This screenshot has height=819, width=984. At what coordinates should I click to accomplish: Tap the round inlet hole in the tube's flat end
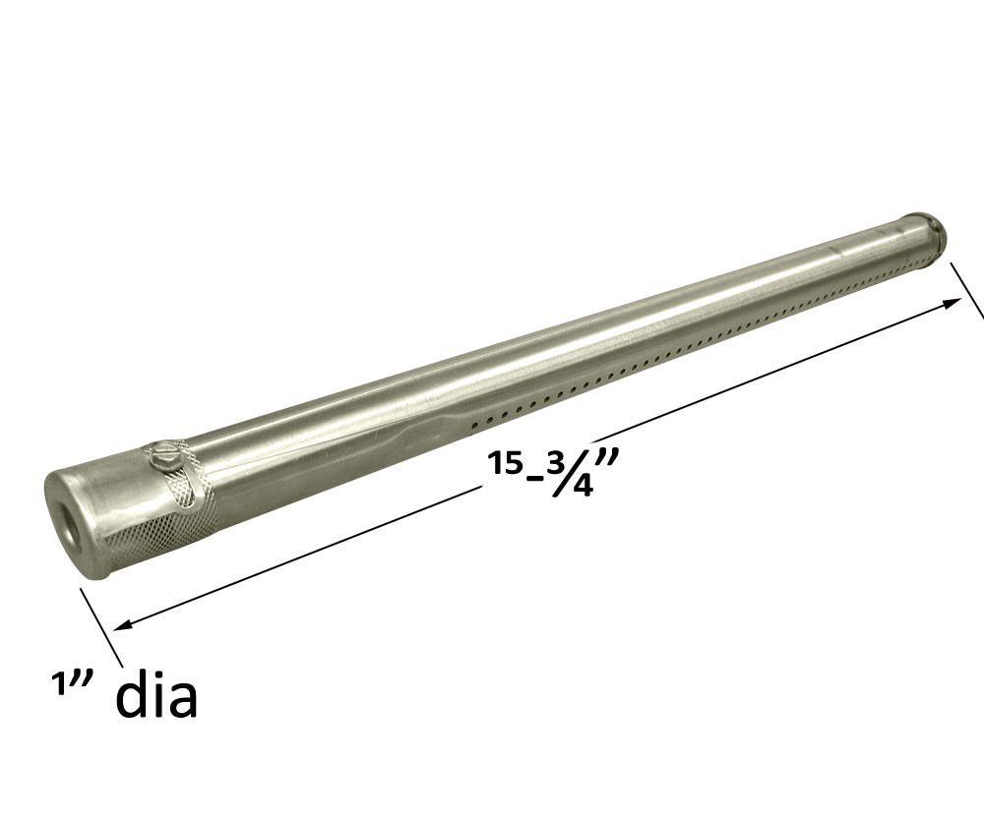(67, 525)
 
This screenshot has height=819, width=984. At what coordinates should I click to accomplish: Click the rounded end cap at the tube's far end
(929, 231)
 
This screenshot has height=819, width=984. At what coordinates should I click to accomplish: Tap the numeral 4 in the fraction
(582, 486)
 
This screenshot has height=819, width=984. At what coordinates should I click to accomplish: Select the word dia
(156, 695)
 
